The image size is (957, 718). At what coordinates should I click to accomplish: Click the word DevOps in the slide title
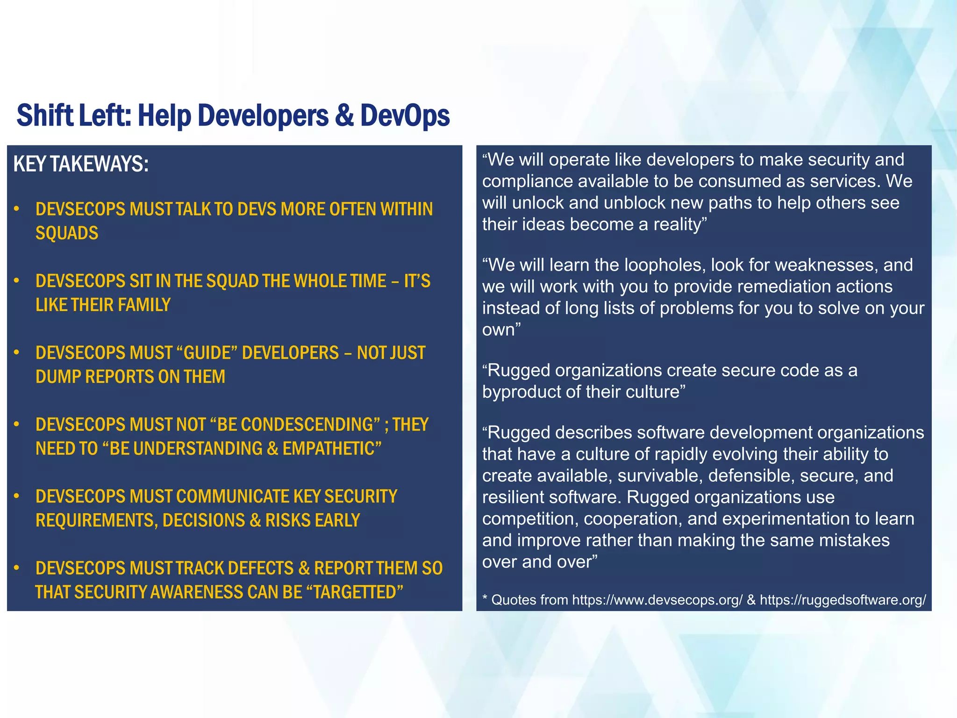405,115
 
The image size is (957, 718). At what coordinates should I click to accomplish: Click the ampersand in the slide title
344,115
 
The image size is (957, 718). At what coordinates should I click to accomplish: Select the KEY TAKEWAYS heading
81,164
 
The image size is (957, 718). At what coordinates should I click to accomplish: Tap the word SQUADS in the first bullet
67,233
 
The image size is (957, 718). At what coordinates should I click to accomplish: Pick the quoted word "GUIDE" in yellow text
207,352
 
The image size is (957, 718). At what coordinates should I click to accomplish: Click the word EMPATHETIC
332,448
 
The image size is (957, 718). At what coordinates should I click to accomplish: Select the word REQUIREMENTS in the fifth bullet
96,520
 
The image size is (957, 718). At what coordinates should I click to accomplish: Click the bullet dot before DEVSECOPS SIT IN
16,280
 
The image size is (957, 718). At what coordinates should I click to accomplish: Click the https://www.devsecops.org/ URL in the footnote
657,600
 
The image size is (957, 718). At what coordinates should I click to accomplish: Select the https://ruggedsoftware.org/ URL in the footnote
843,600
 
